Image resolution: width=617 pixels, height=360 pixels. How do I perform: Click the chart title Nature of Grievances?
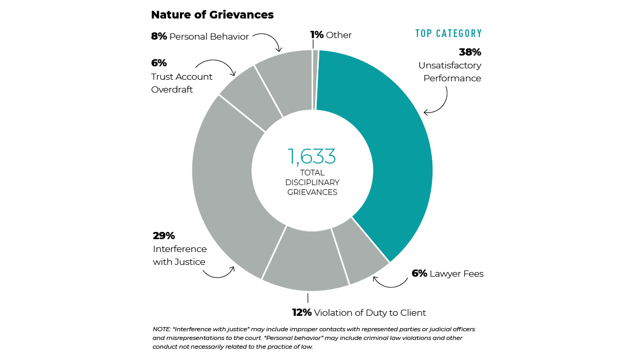click(x=212, y=15)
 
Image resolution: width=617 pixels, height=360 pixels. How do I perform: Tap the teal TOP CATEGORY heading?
click(x=448, y=34)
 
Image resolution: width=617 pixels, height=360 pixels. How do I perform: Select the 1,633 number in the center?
click(x=312, y=156)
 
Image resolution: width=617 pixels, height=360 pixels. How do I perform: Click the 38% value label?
click(x=469, y=52)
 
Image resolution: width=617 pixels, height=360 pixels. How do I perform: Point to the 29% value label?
click(x=164, y=236)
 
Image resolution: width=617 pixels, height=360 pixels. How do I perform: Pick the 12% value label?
click(x=302, y=313)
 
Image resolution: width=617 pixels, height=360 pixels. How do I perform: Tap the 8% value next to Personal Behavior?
click(x=159, y=37)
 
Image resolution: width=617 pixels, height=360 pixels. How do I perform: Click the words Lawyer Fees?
click(x=457, y=274)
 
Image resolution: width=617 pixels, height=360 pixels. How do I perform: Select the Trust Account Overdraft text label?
click(x=182, y=83)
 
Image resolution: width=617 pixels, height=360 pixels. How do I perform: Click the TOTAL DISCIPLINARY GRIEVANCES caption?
click(x=312, y=183)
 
